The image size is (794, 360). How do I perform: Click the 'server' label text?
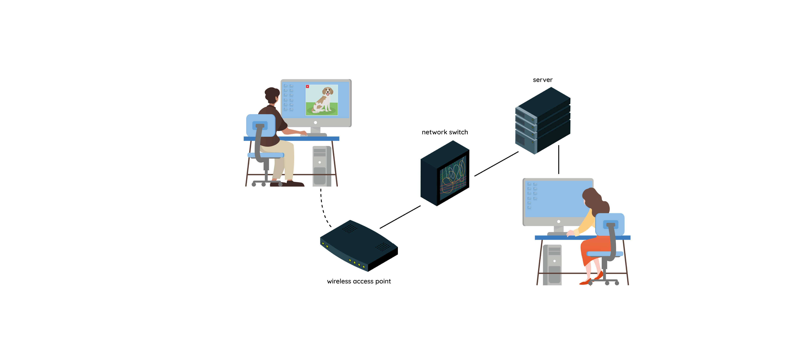542,80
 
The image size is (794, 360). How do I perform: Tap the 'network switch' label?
444,132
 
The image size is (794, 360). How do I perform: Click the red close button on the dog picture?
307,87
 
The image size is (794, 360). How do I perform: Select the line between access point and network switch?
400,217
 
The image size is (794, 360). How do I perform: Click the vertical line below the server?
559,159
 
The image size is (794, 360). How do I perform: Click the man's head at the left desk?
272,95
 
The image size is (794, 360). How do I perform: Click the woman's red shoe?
586,282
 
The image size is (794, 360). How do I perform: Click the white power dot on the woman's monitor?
559,222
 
